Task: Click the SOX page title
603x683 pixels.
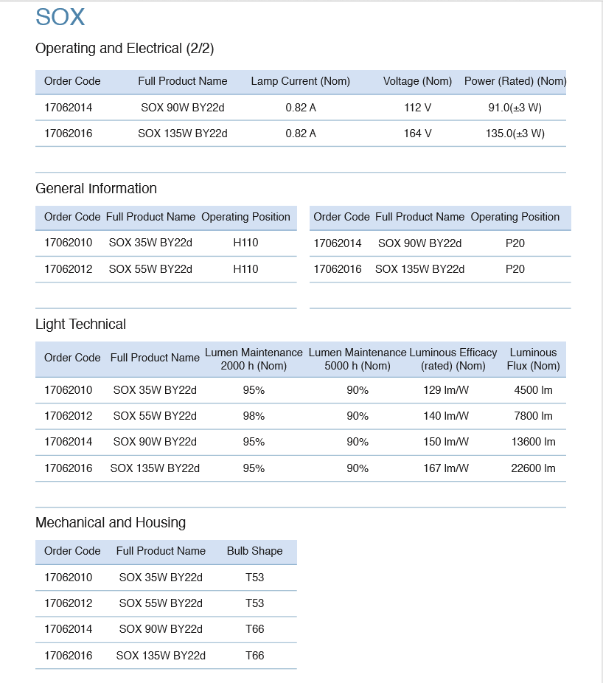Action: [60, 17]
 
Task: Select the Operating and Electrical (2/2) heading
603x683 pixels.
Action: [125, 49]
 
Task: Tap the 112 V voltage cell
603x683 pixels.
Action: [417, 108]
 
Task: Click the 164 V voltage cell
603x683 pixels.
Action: [417, 134]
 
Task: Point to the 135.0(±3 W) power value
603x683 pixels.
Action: [515, 134]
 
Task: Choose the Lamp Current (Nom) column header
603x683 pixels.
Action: [300, 81]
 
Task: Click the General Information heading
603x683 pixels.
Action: [96, 188]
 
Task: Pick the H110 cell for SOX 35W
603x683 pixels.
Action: [245, 243]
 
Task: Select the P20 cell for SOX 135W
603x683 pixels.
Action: [515, 269]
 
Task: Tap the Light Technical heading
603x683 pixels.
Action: [80, 325]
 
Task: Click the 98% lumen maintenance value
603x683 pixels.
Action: [254, 416]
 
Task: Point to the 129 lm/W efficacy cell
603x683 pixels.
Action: [445, 390]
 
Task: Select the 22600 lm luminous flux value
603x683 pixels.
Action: [533, 468]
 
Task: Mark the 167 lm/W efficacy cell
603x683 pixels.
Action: [445, 468]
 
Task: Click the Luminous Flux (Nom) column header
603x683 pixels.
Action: [533, 359]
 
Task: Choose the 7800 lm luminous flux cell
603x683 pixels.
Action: [533, 416]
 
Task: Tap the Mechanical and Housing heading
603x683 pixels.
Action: [111, 523]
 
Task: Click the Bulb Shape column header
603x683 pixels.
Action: [254, 551]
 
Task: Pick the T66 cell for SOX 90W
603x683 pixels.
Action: [254, 629]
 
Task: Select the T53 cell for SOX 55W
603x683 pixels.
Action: [254, 603]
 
